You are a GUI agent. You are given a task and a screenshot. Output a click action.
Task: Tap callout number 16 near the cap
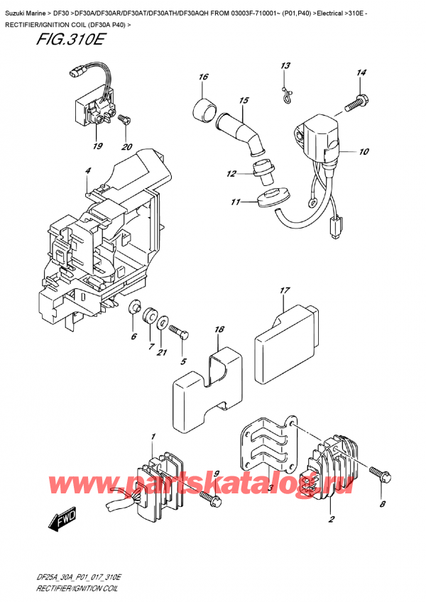[203, 77]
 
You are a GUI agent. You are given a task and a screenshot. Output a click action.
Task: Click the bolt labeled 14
[356, 104]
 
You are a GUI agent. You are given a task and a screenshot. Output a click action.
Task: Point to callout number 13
[285, 66]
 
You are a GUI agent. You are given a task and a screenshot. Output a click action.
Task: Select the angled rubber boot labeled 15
[239, 128]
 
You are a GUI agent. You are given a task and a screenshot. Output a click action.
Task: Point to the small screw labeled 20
[126, 121]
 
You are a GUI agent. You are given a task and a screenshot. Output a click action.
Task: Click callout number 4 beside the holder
[88, 171]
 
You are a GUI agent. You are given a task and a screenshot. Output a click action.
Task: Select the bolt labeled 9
[209, 500]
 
